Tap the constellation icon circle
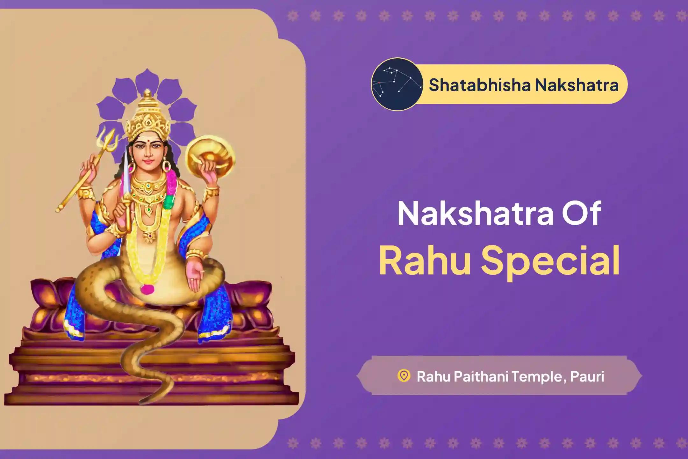click(x=397, y=84)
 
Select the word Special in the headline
click(x=551, y=261)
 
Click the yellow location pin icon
click(x=404, y=375)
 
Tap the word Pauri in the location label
click(x=587, y=376)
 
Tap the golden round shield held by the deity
click(x=210, y=153)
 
